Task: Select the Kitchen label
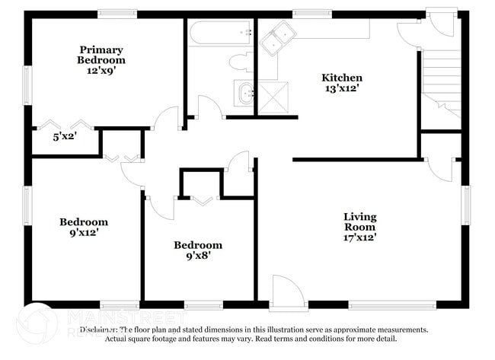[342, 78]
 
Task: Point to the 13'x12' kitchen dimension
[342, 88]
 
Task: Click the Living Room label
[359, 221]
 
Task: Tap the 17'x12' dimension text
[359, 237]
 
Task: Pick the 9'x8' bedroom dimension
[197, 256]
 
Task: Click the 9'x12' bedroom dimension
[84, 233]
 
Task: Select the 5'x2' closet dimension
[65, 138]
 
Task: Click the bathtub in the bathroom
[221, 33]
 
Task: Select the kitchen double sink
[278, 38]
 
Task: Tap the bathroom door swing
[209, 107]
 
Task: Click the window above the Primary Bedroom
[117, 13]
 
